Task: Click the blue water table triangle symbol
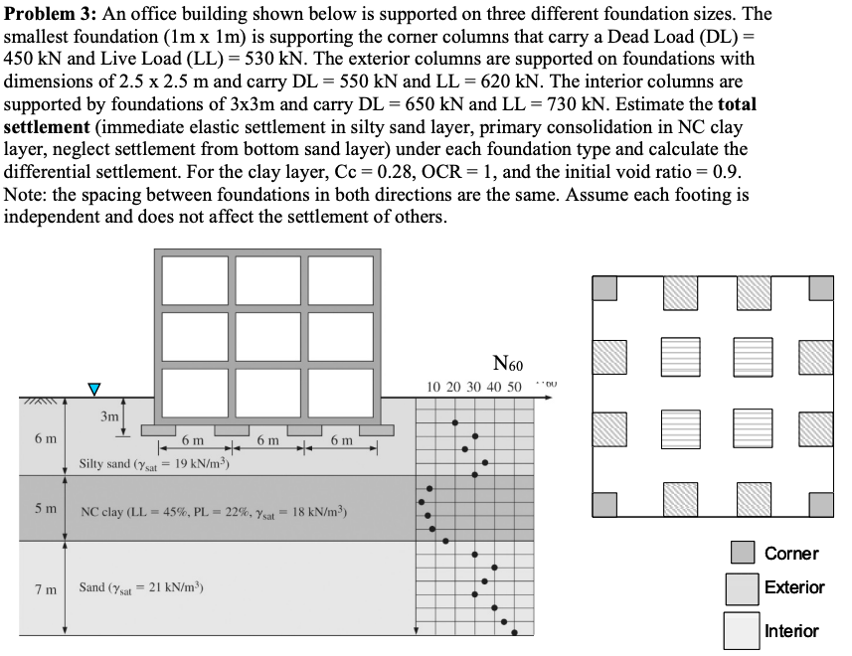[94, 388]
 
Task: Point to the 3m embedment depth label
[109, 416]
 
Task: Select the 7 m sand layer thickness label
[45, 588]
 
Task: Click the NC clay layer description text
[215, 513]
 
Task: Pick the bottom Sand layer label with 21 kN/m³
[154, 587]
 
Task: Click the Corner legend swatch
[742, 553]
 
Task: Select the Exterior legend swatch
[742, 587]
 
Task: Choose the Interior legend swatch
[742, 630]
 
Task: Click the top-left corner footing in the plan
[605, 287]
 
